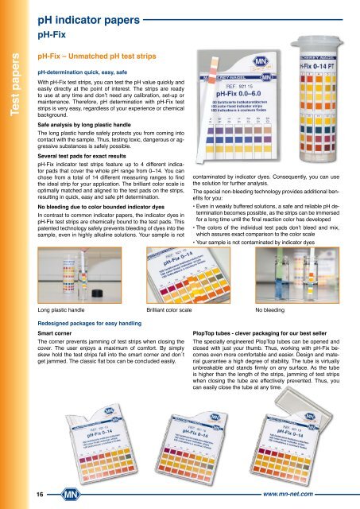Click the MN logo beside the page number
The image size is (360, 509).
[47, 493]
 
